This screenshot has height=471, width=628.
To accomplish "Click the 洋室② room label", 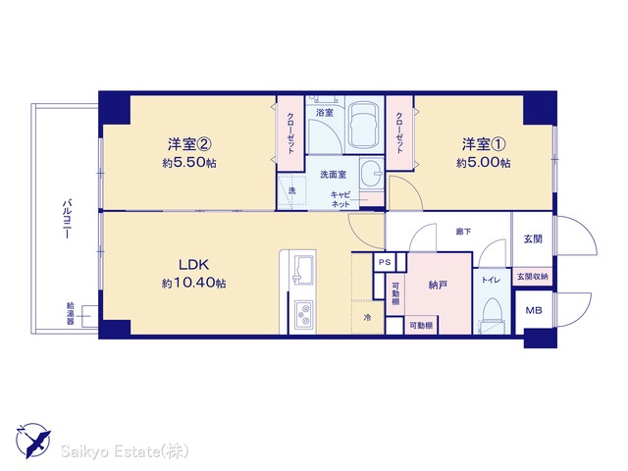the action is click(x=189, y=144).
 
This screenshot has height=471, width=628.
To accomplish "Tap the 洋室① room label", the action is click(x=484, y=144).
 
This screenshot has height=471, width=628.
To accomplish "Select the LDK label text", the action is click(x=193, y=264).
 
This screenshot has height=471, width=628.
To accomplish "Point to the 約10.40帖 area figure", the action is click(x=194, y=284).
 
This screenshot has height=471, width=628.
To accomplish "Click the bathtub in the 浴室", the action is click(x=364, y=125).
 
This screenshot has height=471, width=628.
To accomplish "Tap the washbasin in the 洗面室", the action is click(x=372, y=175).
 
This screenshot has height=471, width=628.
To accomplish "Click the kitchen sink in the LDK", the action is click(x=304, y=269).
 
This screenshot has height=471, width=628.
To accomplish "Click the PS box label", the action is click(x=385, y=263).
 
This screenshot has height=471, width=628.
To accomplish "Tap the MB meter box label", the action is click(x=534, y=310).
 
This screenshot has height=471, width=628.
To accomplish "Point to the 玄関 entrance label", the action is click(x=533, y=238).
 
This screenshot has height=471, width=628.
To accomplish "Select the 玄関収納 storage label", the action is click(x=533, y=277).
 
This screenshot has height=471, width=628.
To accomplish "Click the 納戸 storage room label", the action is click(x=438, y=286).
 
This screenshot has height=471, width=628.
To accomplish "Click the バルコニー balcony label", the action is click(x=67, y=218).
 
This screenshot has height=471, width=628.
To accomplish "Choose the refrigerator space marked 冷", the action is click(x=367, y=318).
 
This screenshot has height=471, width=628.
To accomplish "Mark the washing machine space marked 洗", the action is click(x=292, y=191).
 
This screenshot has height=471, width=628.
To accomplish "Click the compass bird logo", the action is click(x=33, y=440).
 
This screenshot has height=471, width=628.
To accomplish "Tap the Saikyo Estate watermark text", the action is click(x=125, y=451).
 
